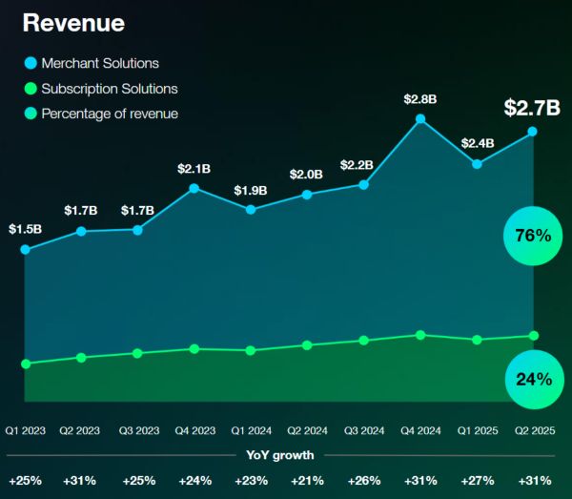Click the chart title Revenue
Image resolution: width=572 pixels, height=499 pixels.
[x=73, y=23]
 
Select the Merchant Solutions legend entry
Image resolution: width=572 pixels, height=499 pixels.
[x=99, y=63]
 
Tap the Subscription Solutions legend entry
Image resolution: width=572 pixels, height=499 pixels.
[x=108, y=89]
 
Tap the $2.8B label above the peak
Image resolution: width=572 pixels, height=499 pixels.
[x=420, y=98]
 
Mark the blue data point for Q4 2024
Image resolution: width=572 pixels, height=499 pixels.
[x=420, y=119]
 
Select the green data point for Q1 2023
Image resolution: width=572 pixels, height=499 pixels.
[x=25, y=364]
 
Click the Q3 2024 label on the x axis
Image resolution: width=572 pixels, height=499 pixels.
[x=363, y=430]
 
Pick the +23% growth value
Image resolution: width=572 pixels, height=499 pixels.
[x=250, y=480]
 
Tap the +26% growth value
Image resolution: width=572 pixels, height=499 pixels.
[x=363, y=480]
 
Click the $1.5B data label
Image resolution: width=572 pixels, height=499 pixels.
[x=25, y=229]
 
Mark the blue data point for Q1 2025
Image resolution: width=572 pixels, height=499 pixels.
[x=477, y=164]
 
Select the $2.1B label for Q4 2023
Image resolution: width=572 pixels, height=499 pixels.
[x=194, y=168]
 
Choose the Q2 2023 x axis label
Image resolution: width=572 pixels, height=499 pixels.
[x=81, y=430]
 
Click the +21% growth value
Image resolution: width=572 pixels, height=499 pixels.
[x=307, y=480]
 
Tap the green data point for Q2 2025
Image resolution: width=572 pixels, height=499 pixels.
[x=533, y=336]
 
